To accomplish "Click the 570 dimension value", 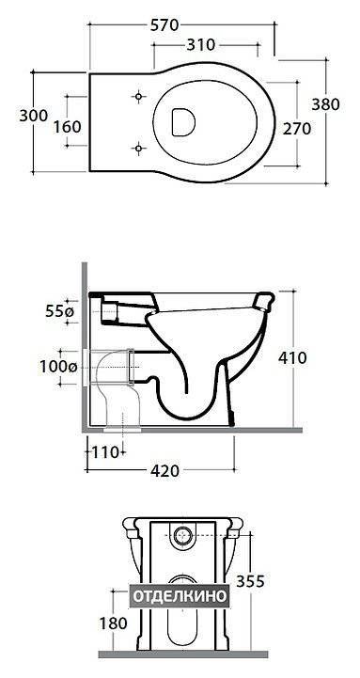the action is [164, 25].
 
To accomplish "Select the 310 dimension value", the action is [200, 44].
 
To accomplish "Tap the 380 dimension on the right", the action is [326, 103].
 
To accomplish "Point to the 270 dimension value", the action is [297, 129].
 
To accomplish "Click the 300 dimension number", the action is [33, 116].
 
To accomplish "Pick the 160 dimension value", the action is [67, 127].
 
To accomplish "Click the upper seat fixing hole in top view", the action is [138, 96].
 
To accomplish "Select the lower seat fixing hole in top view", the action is [138, 149].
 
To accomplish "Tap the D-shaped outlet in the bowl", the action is [183, 122].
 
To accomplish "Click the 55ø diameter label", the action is [58, 311].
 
